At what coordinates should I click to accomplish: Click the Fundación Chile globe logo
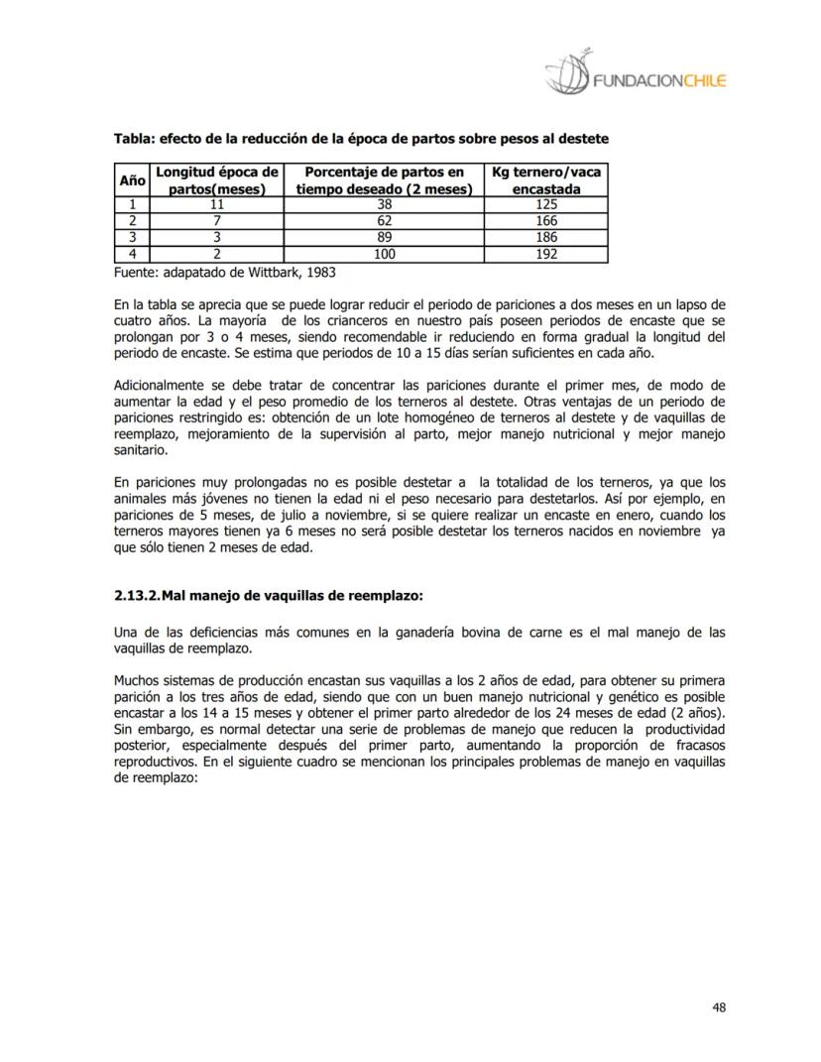tap(568, 72)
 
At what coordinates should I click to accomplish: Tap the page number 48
tap(719, 1007)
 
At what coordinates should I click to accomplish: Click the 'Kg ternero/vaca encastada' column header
tap(545, 179)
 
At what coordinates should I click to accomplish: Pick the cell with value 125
tap(545, 204)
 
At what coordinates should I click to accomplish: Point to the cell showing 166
tap(545, 221)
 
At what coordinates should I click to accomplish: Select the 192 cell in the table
tap(545, 254)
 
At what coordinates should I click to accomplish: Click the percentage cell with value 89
tap(384, 238)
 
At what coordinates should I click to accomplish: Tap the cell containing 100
tap(384, 254)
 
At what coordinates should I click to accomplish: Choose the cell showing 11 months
tap(216, 204)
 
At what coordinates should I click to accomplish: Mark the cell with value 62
tap(384, 221)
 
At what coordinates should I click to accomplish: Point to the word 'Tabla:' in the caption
tap(135, 138)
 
